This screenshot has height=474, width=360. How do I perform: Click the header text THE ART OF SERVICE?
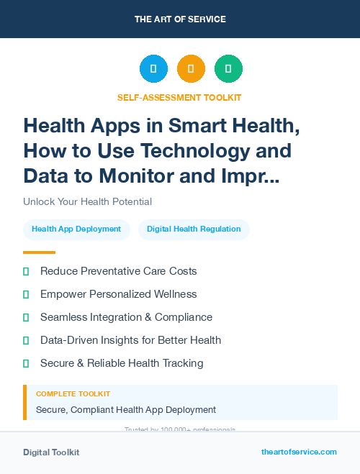[180, 19]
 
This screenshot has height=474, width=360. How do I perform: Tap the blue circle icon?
[153, 69]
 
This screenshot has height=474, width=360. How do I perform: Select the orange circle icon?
[191, 69]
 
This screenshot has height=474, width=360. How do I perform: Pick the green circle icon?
[228, 69]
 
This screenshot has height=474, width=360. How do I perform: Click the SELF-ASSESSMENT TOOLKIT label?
[179, 97]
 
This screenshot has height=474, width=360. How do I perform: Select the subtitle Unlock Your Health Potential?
[87, 201]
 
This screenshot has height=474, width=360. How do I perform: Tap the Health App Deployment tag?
[76, 229]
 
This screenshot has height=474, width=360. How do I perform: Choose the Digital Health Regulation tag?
[194, 229]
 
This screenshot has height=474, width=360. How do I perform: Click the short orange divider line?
[39, 252]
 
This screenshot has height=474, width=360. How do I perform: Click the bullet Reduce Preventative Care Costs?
[119, 271]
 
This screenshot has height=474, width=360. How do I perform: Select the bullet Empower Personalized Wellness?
[119, 294]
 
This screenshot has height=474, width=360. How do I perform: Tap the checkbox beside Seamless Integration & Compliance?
[26, 317]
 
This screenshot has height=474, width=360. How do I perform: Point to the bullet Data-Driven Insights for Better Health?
[130, 340]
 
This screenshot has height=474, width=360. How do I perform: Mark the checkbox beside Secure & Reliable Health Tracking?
[26, 363]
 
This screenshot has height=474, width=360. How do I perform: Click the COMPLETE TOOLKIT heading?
[73, 394]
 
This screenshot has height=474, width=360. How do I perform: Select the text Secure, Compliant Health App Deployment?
[126, 409]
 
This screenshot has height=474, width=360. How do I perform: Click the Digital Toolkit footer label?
[51, 452]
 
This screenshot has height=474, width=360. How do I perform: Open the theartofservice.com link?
[299, 452]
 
